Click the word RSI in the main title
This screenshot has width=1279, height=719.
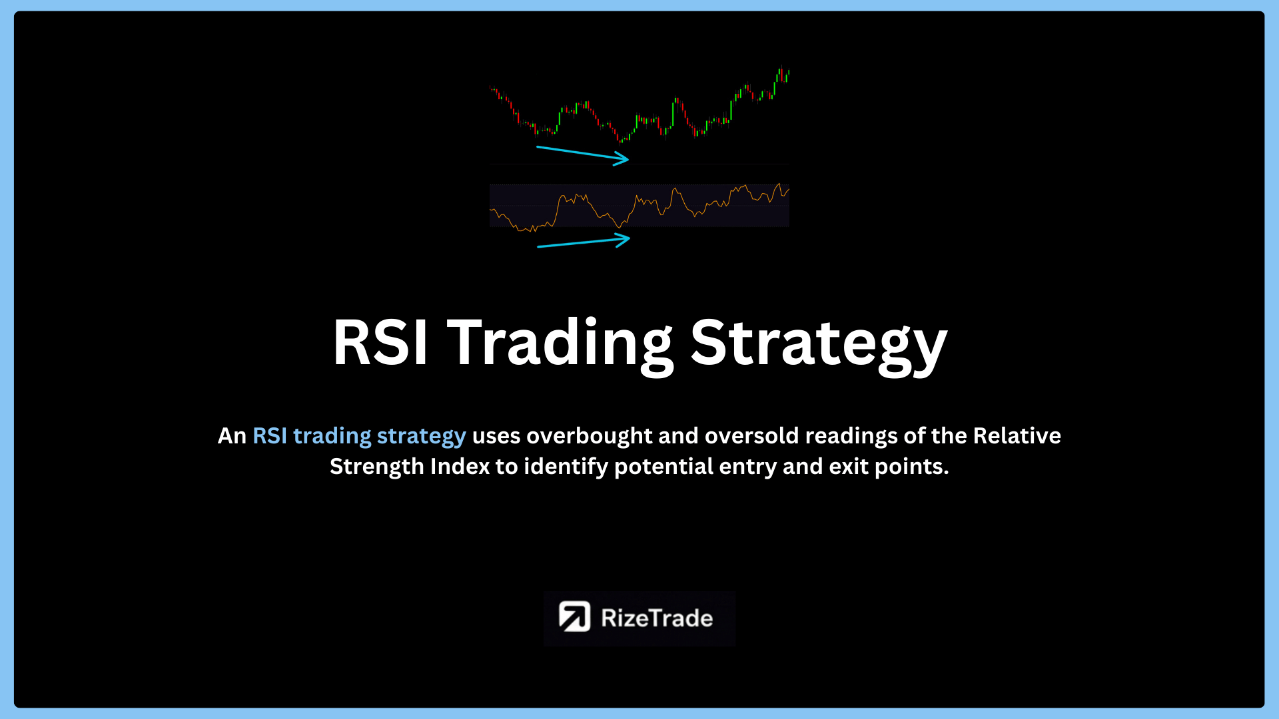pos(380,342)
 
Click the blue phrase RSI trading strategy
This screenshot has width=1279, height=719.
pos(359,436)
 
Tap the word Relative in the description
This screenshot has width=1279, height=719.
pos(1017,435)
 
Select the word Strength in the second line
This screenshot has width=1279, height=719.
pos(377,467)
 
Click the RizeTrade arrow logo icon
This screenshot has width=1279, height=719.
pos(574,616)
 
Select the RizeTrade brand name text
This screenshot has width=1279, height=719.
pos(657,618)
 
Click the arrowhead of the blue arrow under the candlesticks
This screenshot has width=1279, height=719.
pos(622,158)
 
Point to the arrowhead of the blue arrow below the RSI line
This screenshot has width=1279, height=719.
pos(622,240)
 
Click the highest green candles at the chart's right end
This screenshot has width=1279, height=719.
pos(782,74)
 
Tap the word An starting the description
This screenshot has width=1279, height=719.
pos(232,436)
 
